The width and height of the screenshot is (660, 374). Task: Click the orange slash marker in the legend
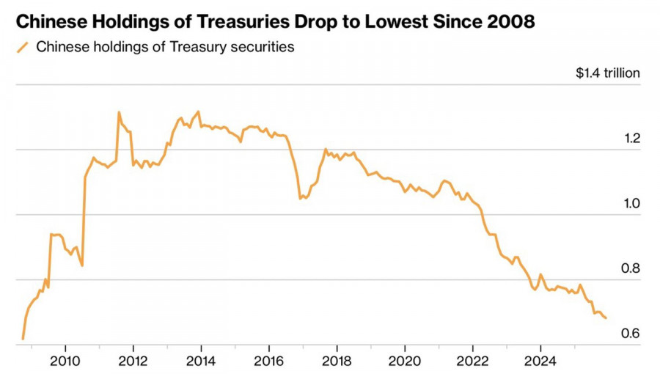23,48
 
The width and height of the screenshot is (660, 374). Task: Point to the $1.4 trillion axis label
608,73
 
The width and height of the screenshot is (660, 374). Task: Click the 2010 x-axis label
65,360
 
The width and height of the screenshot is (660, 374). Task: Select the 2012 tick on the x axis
133,360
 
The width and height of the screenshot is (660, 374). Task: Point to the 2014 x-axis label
201,360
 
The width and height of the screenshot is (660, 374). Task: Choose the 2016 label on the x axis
268,360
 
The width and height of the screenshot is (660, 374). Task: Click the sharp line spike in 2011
119,112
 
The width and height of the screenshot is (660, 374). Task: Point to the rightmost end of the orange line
606,318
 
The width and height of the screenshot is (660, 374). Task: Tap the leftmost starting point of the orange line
23,339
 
